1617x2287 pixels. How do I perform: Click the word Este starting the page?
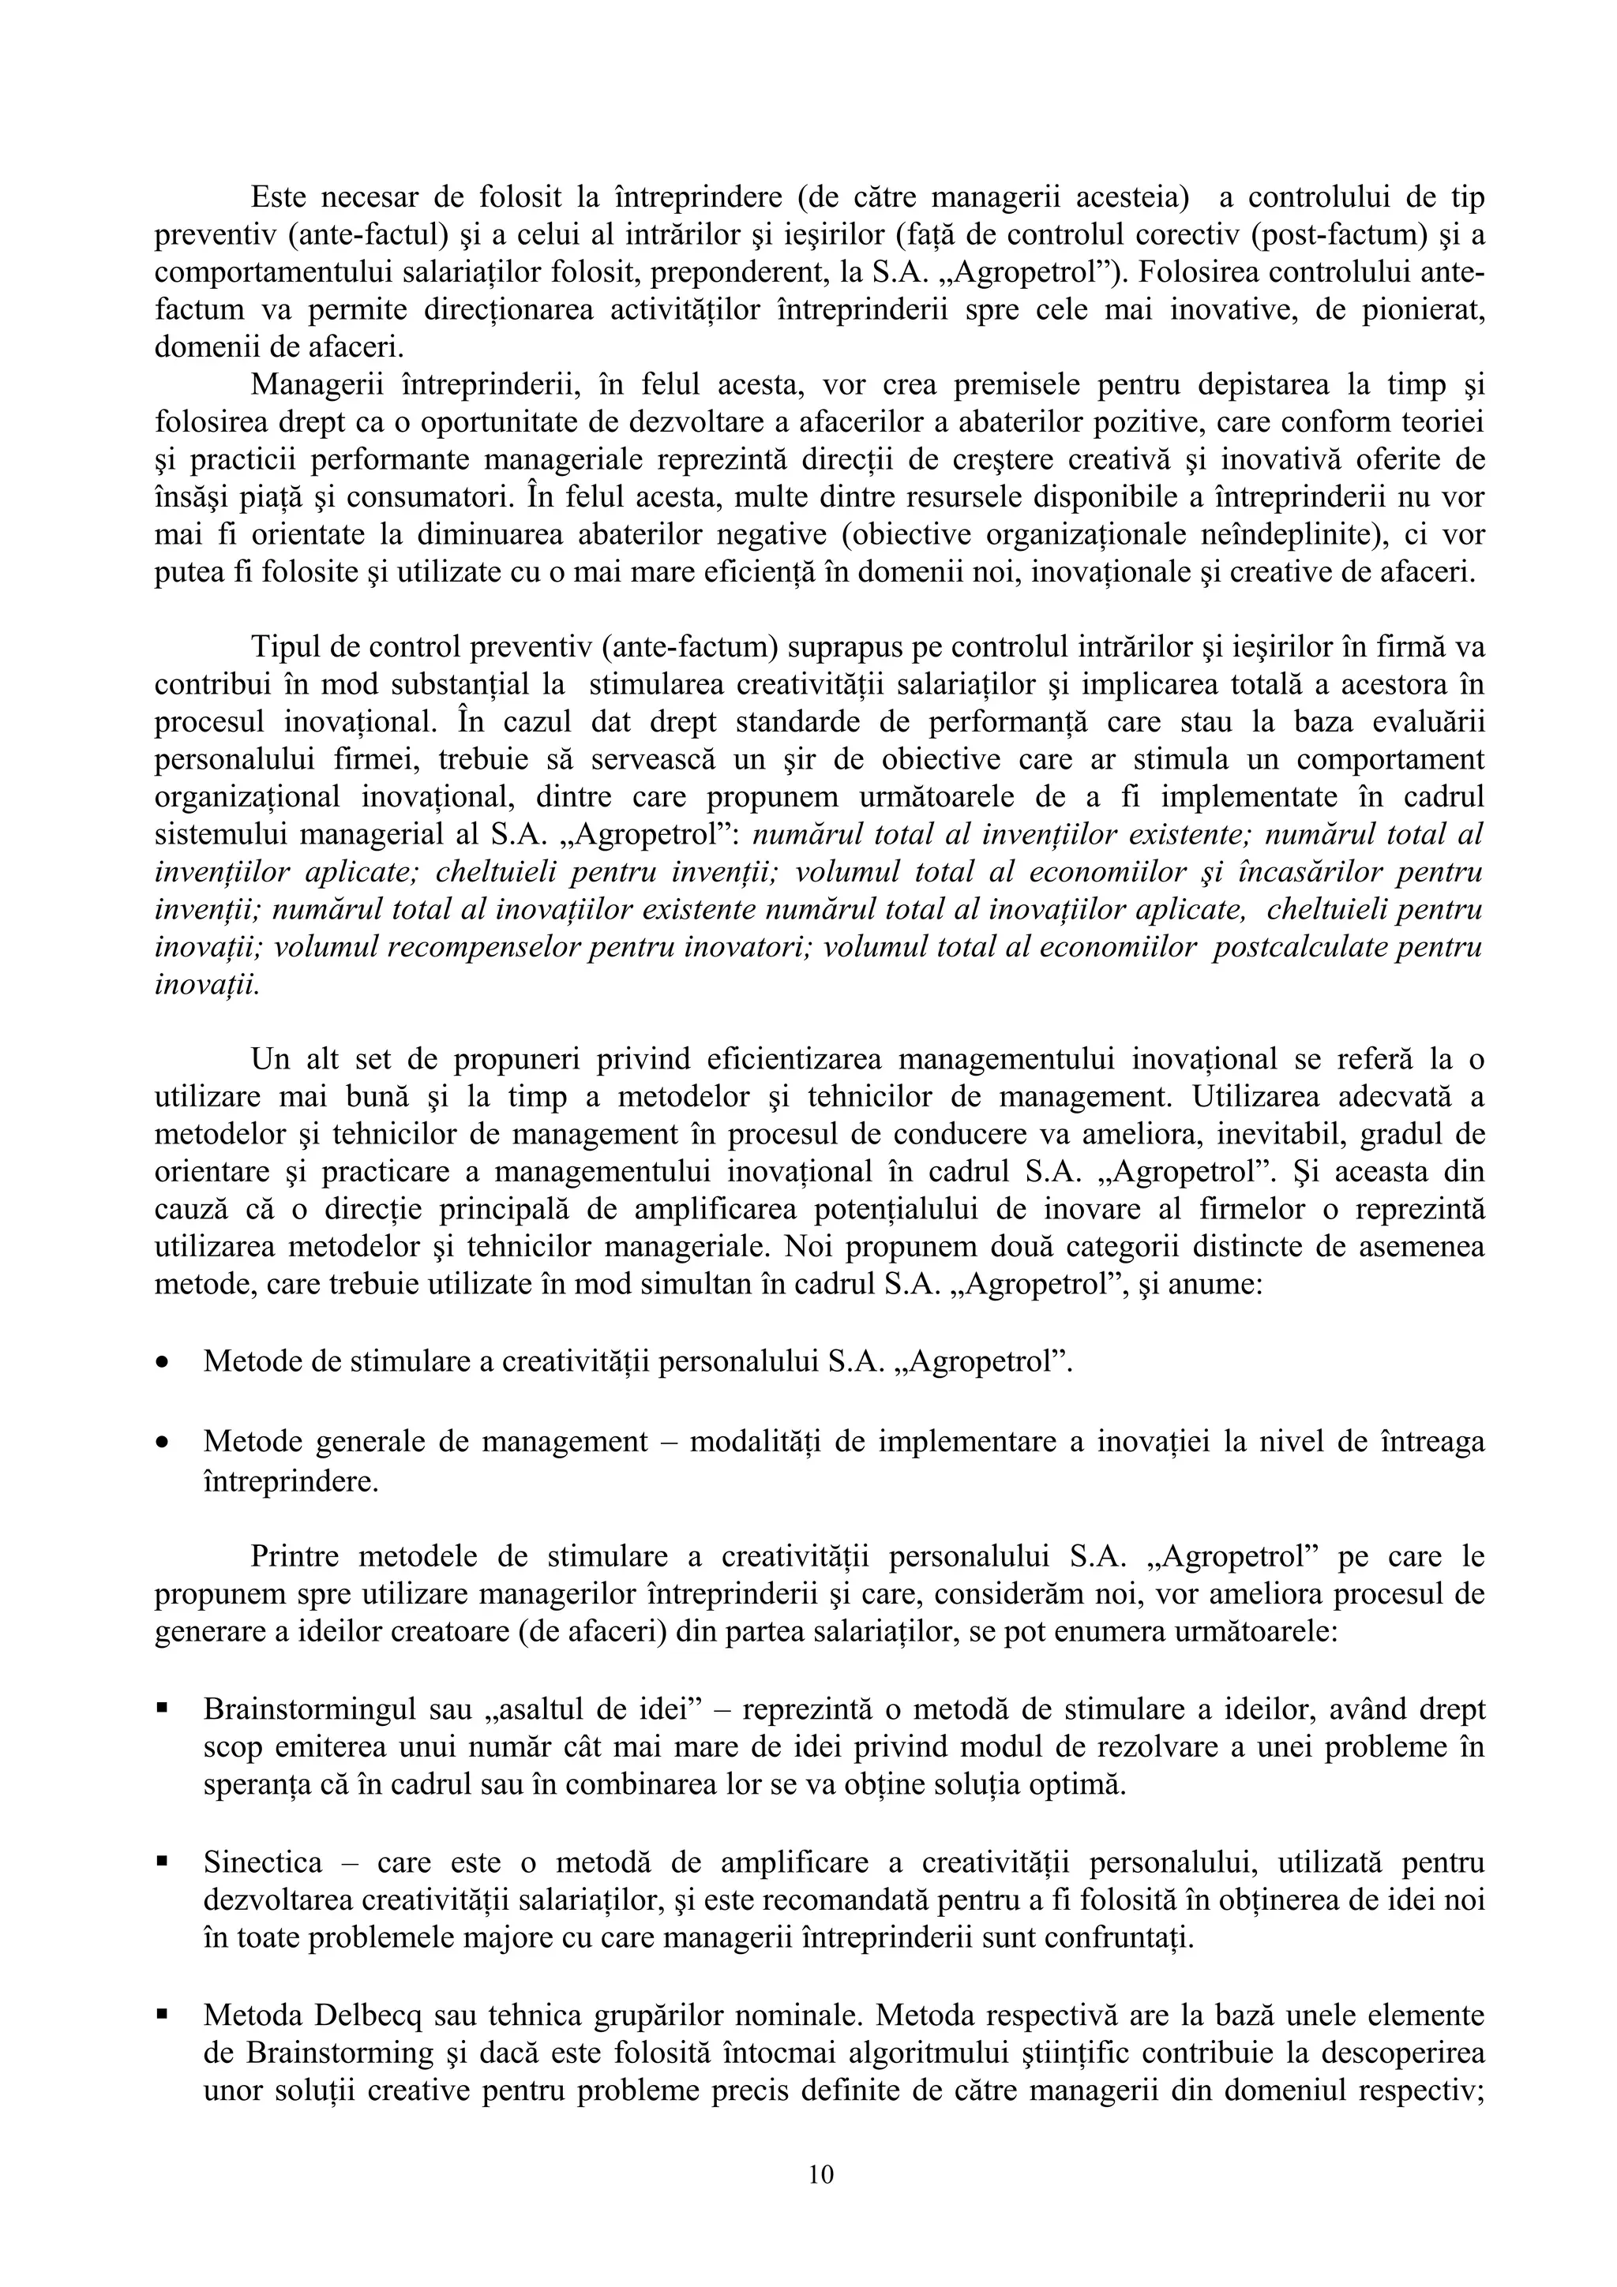click(x=282, y=197)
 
